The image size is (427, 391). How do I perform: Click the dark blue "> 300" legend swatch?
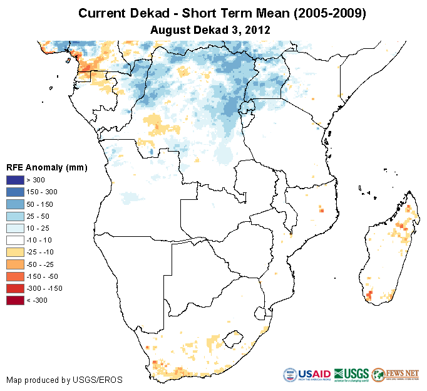click(16, 180)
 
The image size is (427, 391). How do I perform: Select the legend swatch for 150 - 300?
click(16, 192)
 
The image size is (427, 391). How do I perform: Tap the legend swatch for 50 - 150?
click(16, 204)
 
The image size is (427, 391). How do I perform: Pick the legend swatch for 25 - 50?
click(16, 216)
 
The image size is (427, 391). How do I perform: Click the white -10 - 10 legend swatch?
click(16, 240)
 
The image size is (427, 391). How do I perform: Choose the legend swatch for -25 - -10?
click(16, 252)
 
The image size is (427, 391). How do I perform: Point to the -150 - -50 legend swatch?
click(16, 276)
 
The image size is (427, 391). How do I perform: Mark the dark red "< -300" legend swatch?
click(16, 300)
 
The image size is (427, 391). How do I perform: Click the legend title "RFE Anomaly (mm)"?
click(46, 167)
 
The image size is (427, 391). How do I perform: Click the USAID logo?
click(307, 375)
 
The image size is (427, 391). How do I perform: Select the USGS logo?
click(351, 375)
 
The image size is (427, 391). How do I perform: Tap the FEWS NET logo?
click(394, 375)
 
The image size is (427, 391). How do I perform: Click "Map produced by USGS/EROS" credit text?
click(64, 380)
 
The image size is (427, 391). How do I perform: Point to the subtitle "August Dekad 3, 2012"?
click(212, 29)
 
